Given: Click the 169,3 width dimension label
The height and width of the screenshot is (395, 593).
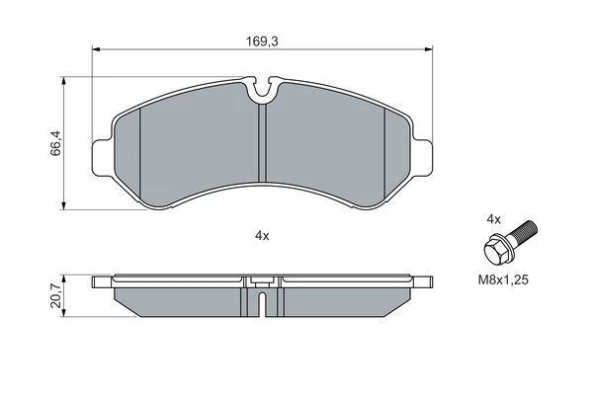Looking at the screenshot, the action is (262, 41).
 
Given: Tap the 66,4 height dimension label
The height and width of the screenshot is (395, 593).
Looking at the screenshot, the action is (55, 142).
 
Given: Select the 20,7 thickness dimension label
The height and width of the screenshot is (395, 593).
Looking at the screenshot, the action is (55, 296).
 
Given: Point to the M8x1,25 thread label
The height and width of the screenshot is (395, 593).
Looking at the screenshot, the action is (503, 280).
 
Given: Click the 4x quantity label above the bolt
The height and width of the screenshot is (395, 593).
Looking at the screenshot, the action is (493, 219).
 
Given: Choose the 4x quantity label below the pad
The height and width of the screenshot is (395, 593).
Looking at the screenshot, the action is (262, 236).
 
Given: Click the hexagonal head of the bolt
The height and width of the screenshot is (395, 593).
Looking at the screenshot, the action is (495, 250).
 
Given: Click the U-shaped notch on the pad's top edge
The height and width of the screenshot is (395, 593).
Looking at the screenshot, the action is (263, 91).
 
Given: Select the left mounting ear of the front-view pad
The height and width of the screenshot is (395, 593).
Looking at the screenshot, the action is (103, 158).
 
